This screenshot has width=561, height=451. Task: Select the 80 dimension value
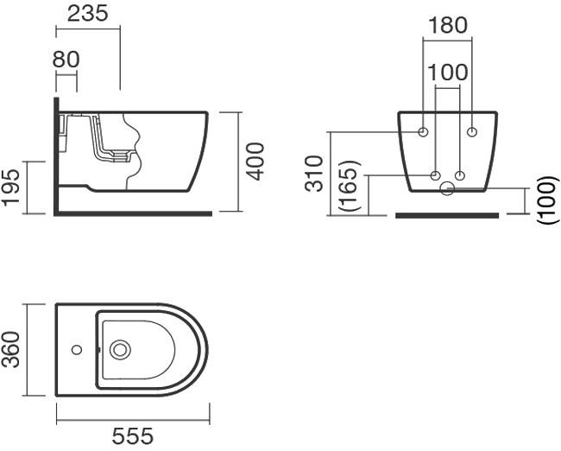pos(66,60)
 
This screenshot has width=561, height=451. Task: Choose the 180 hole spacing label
pos(447,25)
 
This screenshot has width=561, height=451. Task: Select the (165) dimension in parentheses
pos(348,185)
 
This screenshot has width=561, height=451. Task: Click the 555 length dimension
pos(133,436)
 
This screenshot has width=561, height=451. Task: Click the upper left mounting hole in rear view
pos(423,132)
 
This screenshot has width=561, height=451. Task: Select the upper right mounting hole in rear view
pos(472,132)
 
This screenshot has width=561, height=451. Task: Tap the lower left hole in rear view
pos(436,176)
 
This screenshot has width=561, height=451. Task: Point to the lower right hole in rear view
pos(460,176)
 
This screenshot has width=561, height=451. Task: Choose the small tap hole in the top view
pos(76,350)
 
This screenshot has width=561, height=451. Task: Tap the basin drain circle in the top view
pos(119,350)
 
